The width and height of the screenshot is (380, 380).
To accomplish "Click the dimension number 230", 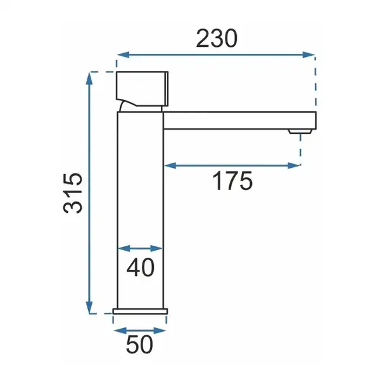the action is click(x=217, y=39).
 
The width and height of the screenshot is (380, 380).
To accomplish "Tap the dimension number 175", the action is click(x=232, y=180).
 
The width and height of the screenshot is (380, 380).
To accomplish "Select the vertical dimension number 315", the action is click(x=73, y=193).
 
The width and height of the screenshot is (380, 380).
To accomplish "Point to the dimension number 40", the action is click(x=141, y=267).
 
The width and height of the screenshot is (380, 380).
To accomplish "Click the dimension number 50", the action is click(x=139, y=345).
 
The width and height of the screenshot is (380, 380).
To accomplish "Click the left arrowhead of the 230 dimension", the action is click(x=123, y=54).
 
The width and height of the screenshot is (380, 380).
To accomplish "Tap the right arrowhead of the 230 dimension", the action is click(x=309, y=54).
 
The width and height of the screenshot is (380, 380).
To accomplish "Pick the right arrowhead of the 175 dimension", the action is click(x=294, y=166).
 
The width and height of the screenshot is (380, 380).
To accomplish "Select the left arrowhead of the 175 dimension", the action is click(x=170, y=166).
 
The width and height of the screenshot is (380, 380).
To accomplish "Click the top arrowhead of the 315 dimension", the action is click(x=89, y=79).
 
